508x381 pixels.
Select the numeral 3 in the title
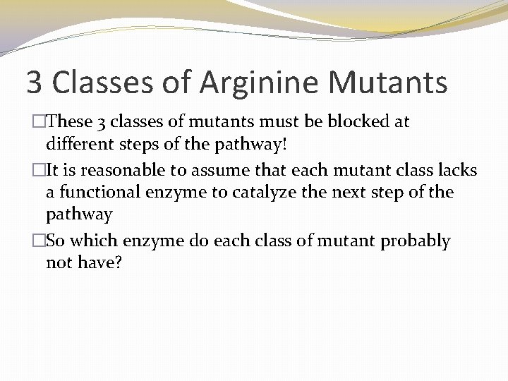coord(35,82)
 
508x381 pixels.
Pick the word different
coord(78,145)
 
